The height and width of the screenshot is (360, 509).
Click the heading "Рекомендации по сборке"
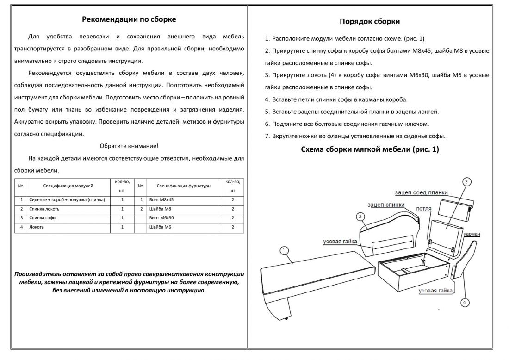pyautogui.click(x=129, y=19)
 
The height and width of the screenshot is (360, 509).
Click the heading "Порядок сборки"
pyautogui.click(x=370, y=22)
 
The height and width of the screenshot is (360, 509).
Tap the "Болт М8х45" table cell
pyautogui.click(x=161, y=200)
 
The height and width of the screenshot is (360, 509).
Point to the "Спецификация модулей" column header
pyautogui.click(x=68, y=186)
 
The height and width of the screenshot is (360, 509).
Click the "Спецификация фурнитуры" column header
pyautogui.click(x=184, y=186)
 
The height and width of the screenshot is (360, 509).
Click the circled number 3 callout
pyautogui.click(x=467, y=181)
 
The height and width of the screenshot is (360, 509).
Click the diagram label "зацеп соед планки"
pyautogui.click(x=422, y=192)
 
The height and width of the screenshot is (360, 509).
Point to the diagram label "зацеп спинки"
pyautogui.click(x=386, y=205)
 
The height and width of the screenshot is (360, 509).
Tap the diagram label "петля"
pyautogui.click(x=424, y=209)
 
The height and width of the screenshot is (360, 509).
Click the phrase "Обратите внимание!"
pyautogui.click(x=129, y=146)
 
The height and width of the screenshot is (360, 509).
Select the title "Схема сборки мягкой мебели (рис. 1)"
pyautogui.click(x=370, y=149)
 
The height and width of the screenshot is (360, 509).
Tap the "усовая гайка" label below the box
pyautogui.click(x=435, y=291)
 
